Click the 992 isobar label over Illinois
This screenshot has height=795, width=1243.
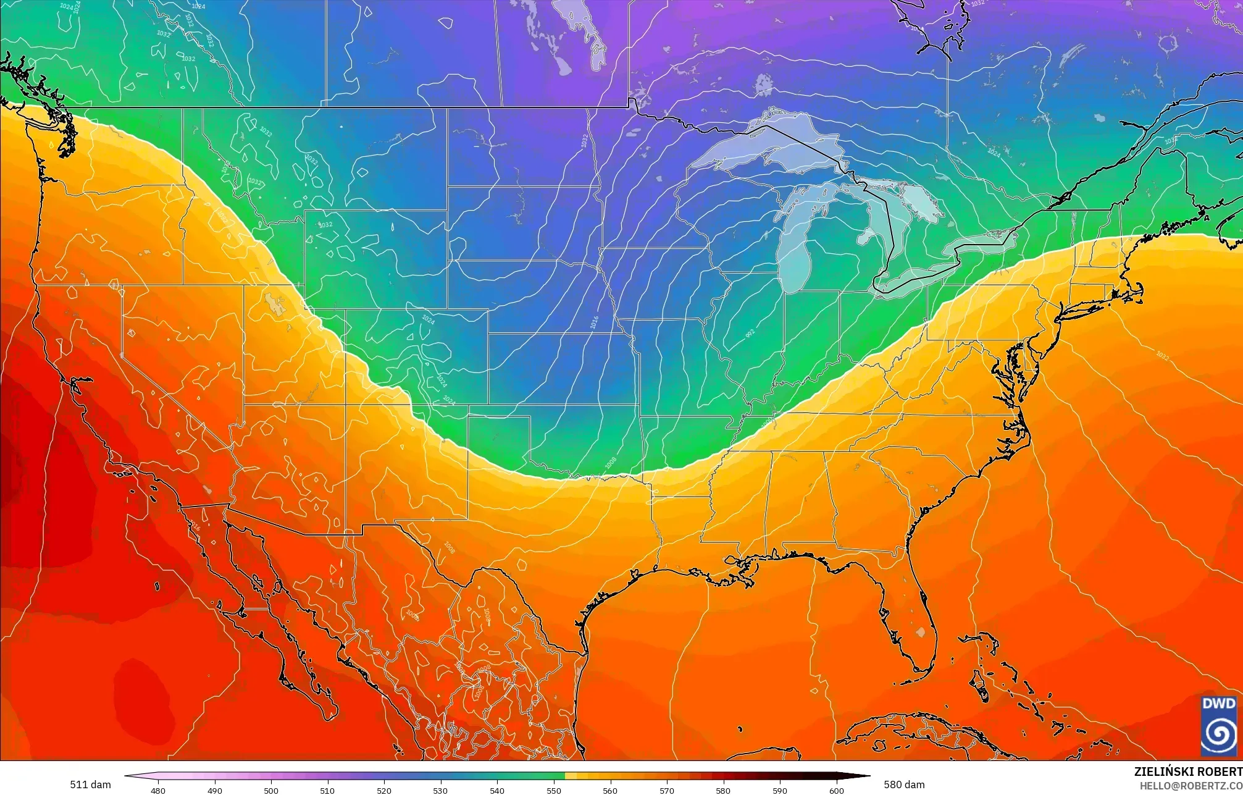(x=750, y=333)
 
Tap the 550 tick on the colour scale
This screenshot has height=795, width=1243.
(x=554, y=790)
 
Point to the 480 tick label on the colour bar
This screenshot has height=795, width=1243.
(x=158, y=791)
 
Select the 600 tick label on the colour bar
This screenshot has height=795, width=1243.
(x=836, y=791)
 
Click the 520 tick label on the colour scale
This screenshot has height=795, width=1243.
(x=384, y=791)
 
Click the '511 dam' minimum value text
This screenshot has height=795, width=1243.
(x=91, y=784)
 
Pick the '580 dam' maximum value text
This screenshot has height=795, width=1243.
(x=904, y=784)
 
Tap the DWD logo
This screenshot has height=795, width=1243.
(x=1218, y=725)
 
